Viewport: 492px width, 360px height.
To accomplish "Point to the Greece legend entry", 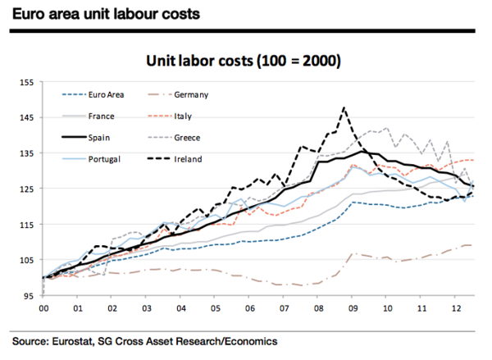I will (x=188, y=137).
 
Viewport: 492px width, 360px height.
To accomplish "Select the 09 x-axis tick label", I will (x=353, y=309).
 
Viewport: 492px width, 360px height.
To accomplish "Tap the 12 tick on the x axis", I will (x=455, y=309).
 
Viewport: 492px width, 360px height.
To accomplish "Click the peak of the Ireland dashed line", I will (x=344, y=107).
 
